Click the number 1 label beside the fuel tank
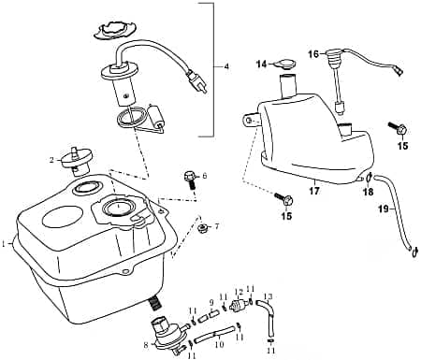[6, 243]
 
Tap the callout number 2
[51, 160]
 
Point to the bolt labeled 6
[191, 178]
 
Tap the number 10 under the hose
[220, 344]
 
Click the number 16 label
[313, 53]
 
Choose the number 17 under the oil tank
[314, 191]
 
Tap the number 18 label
[369, 192]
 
